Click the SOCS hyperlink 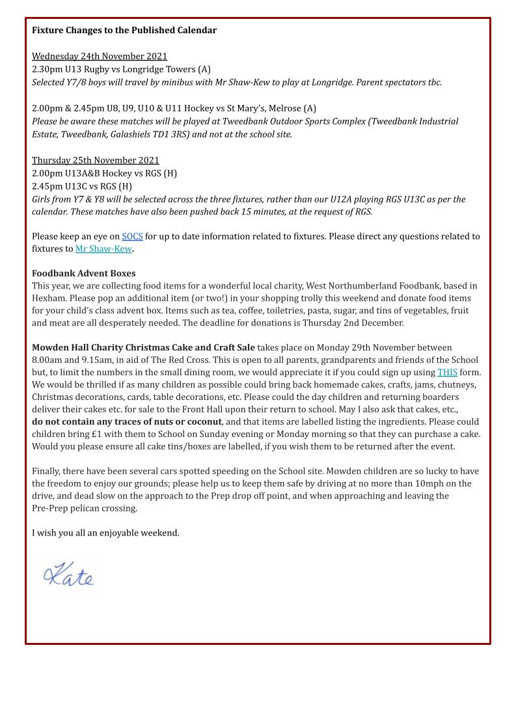click(x=132, y=236)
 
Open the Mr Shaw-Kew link click(x=103, y=249)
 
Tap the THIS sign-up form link click(x=447, y=373)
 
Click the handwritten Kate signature click(x=68, y=575)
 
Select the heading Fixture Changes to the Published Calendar click(x=124, y=30)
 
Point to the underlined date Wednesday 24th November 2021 click(x=100, y=57)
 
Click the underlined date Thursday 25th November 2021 click(x=96, y=160)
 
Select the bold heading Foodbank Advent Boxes click(x=83, y=274)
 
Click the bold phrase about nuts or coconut click(x=127, y=421)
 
